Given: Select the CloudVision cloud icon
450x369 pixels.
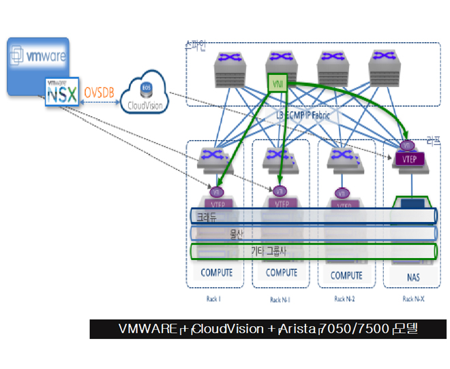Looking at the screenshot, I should coord(144,97).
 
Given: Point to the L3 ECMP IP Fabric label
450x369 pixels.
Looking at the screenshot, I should coord(303,115).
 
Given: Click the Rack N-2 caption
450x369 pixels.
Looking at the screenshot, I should coord(346,298).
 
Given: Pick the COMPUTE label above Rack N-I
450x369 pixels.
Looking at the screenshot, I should coord(281,273).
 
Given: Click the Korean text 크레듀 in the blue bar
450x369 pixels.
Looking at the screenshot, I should coord(207,217).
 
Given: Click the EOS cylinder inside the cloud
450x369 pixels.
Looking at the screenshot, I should coord(145,89).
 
